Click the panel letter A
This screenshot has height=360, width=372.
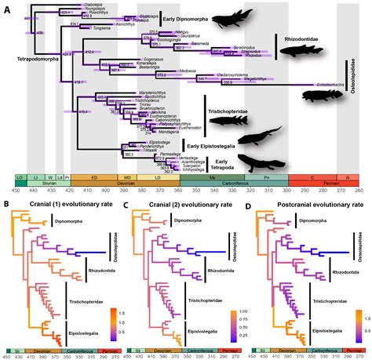[x=8, y=9]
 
